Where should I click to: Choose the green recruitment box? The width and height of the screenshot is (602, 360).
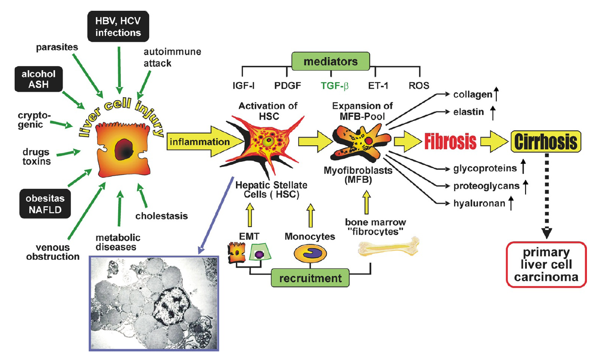pos(308,278)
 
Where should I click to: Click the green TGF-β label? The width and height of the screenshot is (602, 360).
pos(334,86)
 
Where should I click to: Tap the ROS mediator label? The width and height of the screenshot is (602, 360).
pos(419,86)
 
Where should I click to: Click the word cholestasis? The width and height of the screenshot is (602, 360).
pos(161,216)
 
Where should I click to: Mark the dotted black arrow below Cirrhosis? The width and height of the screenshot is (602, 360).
pos(547,194)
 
